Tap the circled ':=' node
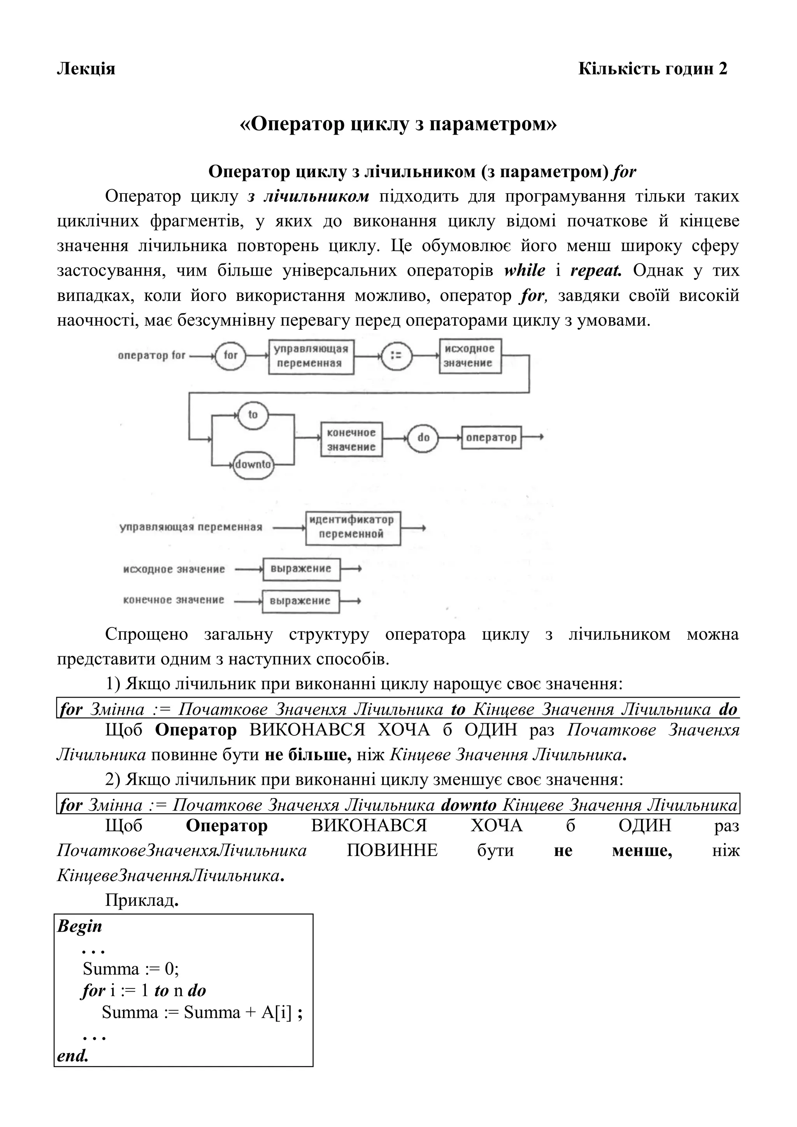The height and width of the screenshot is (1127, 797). point(396,355)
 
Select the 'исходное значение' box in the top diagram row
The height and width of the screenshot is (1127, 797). point(470,356)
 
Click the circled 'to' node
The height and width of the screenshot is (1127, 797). point(252,415)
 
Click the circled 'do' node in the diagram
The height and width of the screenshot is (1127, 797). point(423,437)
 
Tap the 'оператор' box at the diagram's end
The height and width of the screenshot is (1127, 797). point(491,437)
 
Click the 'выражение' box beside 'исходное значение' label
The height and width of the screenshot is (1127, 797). point(301,569)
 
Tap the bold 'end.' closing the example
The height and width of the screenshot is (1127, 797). point(73,1055)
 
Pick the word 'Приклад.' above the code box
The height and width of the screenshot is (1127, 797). point(141,900)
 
